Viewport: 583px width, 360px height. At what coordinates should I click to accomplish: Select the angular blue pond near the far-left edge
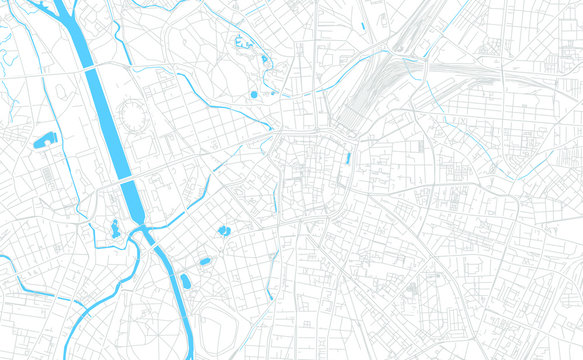(46, 140)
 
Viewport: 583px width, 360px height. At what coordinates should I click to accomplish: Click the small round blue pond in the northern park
(254, 94)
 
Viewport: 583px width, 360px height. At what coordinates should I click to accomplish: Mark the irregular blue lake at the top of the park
(240, 43)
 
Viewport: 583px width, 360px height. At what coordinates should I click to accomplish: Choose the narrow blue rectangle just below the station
(347, 158)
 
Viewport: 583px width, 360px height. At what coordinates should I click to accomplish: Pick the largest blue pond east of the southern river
(224, 231)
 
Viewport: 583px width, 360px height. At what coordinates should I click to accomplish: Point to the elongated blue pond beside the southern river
(184, 281)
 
